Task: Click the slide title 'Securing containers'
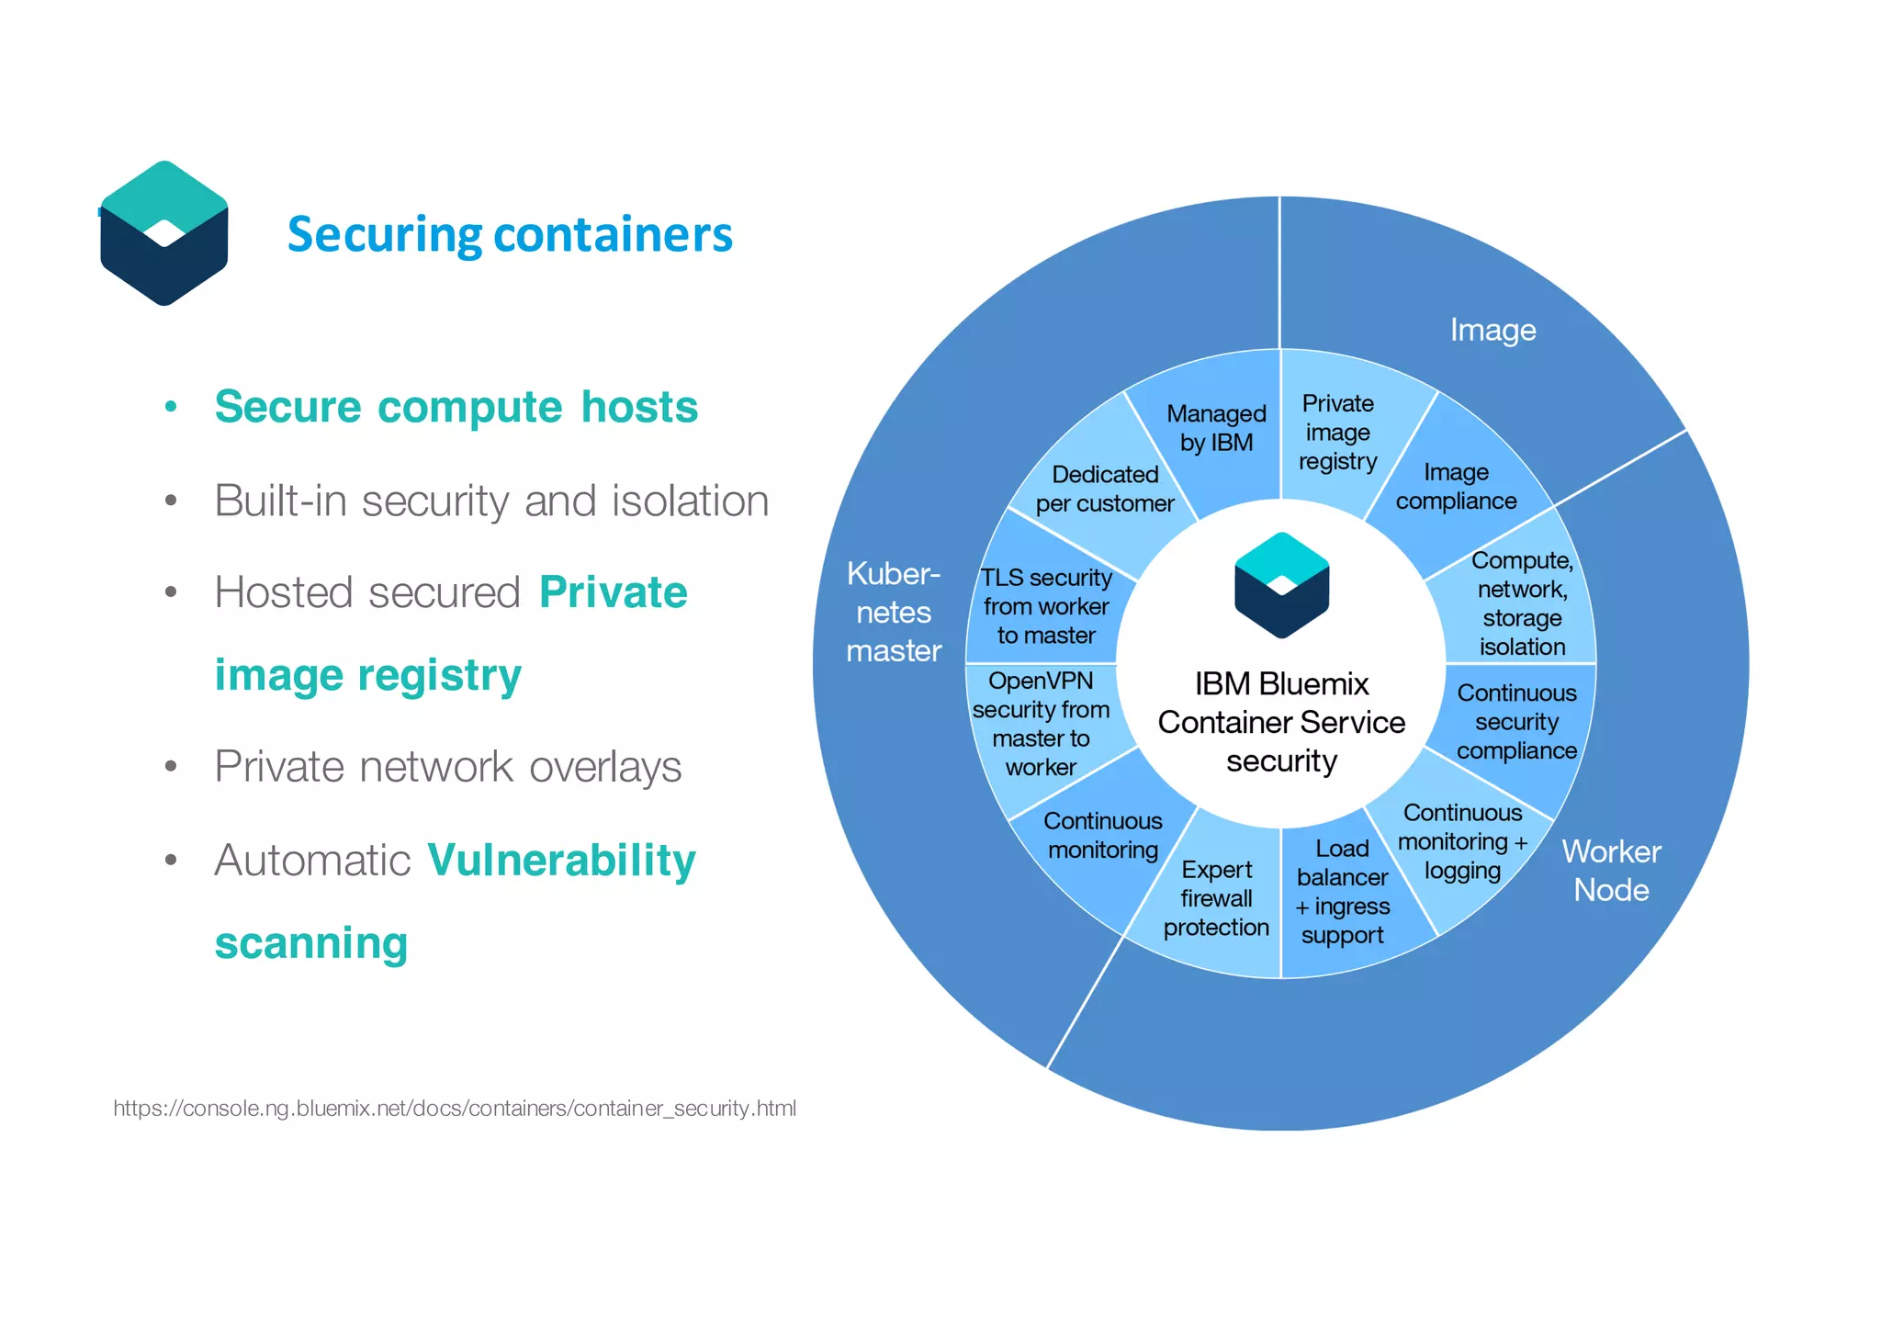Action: [510, 234]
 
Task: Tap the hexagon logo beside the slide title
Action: [164, 233]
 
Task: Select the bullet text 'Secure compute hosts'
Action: [456, 407]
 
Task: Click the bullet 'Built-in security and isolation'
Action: [491, 501]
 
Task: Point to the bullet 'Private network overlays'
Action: [448, 767]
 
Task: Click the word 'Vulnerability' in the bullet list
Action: [561, 861]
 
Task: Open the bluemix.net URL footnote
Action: [455, 1109]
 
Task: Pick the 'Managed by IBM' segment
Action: [1216, 429]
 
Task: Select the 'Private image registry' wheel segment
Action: [1337, 433]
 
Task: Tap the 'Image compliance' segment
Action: [1456, 487]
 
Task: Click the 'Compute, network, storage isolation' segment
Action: [1522, 603]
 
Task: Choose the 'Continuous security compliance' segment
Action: [1516, 722]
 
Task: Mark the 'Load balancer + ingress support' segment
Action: [1342, 892]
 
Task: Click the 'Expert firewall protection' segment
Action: [1216, 898]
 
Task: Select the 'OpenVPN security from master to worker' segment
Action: [1041, 724]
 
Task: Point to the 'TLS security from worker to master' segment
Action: [1045, 606]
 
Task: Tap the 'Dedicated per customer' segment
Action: [1105, 489]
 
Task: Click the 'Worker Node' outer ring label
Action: [1611, 871]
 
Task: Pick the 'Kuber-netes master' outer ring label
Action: [894, 613]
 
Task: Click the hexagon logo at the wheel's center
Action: [1281, 585]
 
